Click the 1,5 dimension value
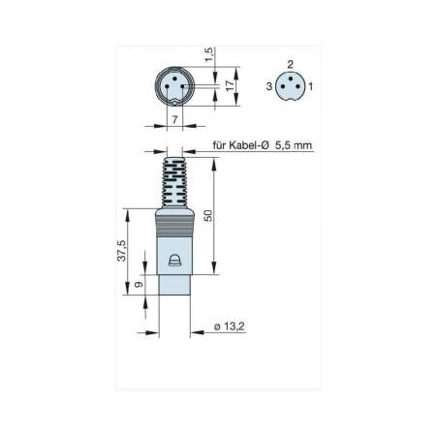tap(209, 54)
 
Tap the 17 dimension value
tap(230, 85)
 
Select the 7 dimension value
tap(174, 120)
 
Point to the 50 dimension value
tap(209, 215)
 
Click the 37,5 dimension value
tap(122, 251)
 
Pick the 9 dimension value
tap(139, 285)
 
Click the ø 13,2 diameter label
tap(230, 327)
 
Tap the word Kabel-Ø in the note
tap(249, 145)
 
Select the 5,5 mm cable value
tap(294, 145)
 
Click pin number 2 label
tap(291, 64)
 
